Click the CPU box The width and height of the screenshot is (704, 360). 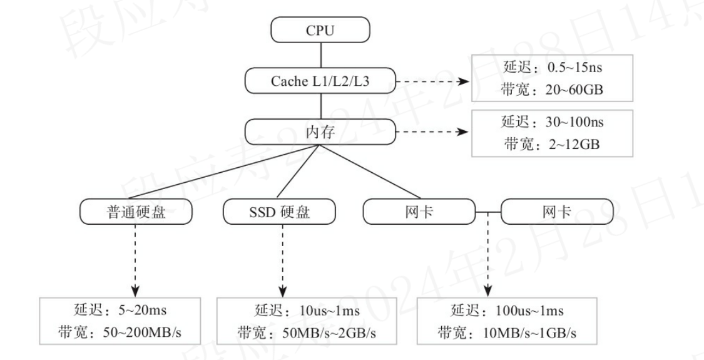pyautogui.click(x=320, y=30)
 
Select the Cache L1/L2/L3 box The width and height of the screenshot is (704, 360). pyautogui.click(x=320, y=81)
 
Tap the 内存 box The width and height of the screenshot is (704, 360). pyautogui.click(x=320, y=131)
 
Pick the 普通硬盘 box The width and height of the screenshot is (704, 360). pyautogui.click(x=136, y=212)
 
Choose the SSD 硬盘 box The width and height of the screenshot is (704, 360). pyautogui.click(x=279, y=212)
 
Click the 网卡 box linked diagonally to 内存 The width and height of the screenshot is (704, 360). pyautogui.click(x=419, y=212)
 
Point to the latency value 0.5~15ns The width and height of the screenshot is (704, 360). pyautogui.click(x=574, y=68)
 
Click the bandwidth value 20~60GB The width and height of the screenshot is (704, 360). pyautogui.click(x=575, y=90)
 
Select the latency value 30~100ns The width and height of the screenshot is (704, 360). pyautogui.click(x=574, y=122)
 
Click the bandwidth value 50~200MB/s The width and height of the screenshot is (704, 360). pyautogui.click(x=145, y=333)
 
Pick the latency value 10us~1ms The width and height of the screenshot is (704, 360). pyautogui.click(x=330, y=311)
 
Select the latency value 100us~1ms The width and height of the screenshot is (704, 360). pyautogui.click(x=530, y=311)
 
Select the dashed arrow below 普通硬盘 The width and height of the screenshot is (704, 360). pyautogui.click(x=136, y=259)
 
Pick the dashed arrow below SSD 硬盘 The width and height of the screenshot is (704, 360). pyautogui.click(x=282, y=259)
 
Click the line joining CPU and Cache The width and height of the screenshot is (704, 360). pyautogui.click(x=320, y=56)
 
